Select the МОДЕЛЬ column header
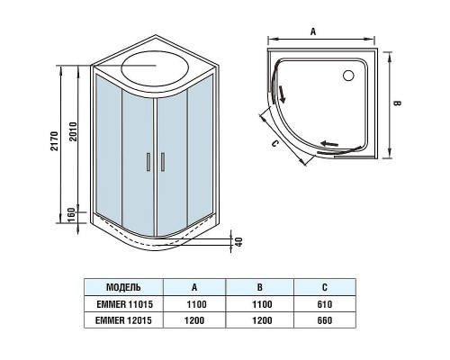(123, 288)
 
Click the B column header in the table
(258, 288)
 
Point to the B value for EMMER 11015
(258, 304)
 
